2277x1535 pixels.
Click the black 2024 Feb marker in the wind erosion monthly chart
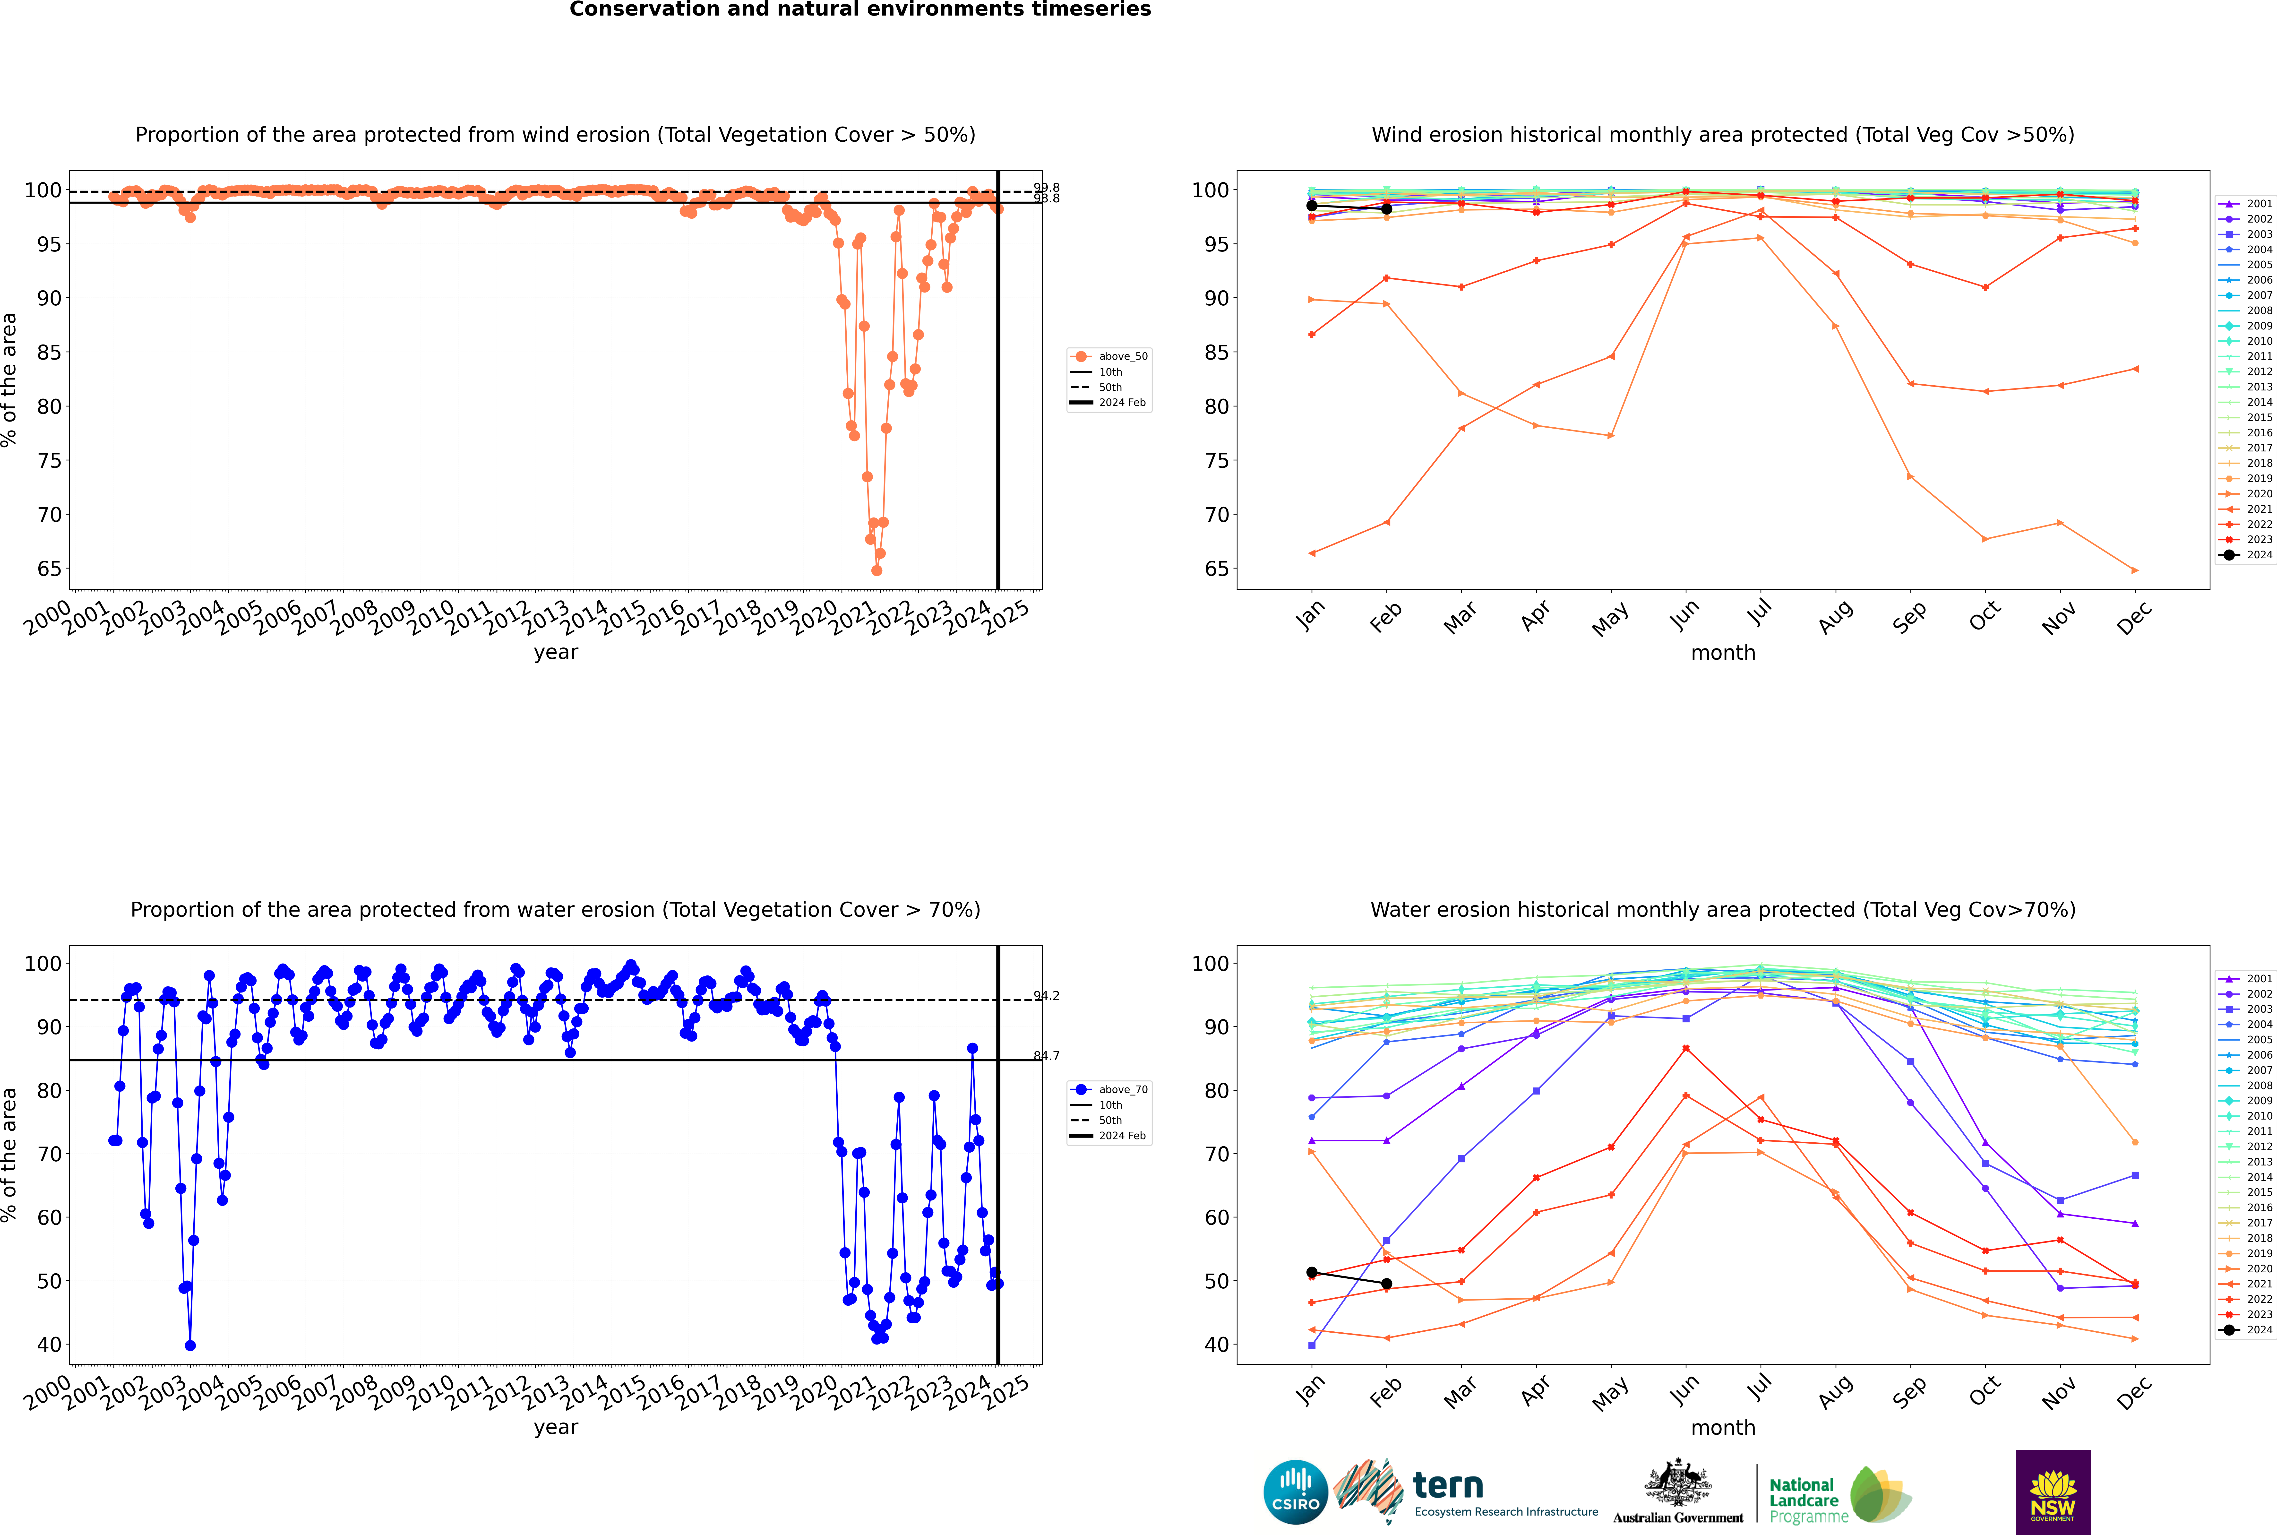(1386, 208)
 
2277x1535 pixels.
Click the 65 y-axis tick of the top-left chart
(49, 569)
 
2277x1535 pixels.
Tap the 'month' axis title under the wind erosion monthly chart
(1723, 653)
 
